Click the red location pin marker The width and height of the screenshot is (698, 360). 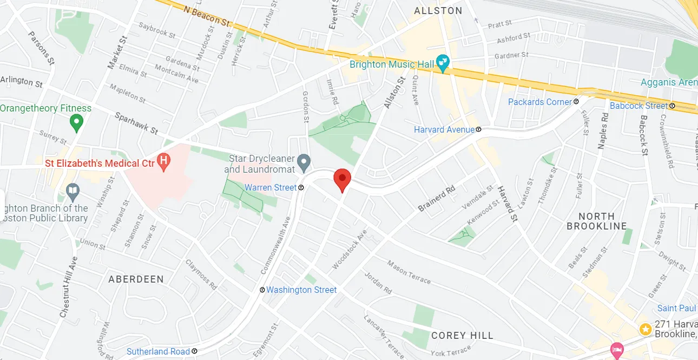[x=341, y=179]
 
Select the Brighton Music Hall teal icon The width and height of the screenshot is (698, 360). [x=443, y=64]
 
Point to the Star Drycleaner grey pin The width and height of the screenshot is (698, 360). [x=304, y=161]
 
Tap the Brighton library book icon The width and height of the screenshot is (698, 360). [x=73, y=191]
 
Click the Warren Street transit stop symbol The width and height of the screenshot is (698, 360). [x=301, y=188]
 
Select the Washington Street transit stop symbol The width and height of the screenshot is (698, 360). [x=262, y=290]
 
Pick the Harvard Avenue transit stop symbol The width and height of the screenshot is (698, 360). [x=479, y=130]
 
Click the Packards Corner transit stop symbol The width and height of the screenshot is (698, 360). [x=576, y=101]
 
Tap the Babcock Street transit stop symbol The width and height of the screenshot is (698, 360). [x=672, y=106]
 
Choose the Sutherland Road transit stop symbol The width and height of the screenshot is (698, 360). [x=194, y=351]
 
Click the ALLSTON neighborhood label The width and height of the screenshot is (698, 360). [x=438, y=11]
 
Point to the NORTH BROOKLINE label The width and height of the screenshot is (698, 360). [x=597, y=221]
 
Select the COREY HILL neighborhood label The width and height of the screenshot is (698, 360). [x=462, y=336]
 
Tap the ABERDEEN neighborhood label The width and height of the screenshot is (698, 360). [x=136, y=279]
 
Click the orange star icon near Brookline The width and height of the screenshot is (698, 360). [x=645, y=329]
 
